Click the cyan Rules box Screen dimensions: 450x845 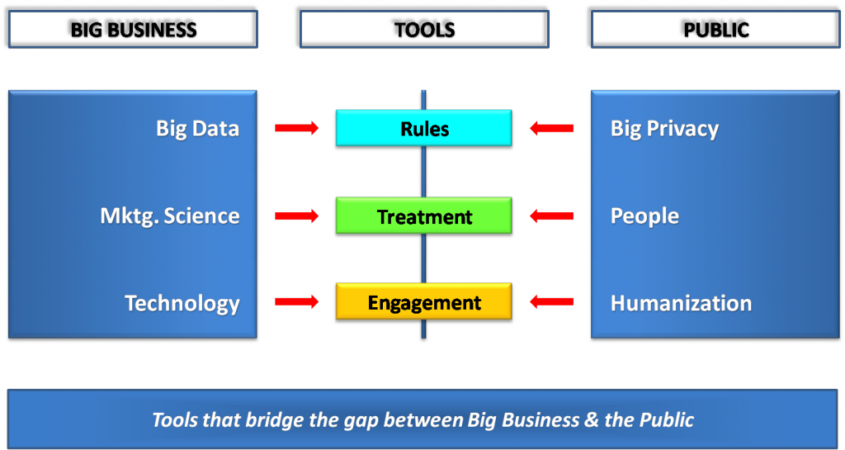[x=424, y=130]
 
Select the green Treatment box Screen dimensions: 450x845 [x=424, y=217]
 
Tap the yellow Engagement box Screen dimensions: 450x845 [x=424, y=303]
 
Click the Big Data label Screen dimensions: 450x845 [x=197, y=129]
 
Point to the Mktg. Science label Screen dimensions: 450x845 [x=169, y=216]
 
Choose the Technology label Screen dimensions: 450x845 [x=182, y=303]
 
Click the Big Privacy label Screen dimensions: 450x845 [x=664, y=129]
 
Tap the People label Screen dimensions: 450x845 [x=644, y=216]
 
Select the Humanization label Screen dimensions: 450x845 [x=681, y=303]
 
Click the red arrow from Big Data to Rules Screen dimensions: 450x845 [x=296, y=128]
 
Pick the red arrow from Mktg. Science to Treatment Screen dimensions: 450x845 [x=296, y=216]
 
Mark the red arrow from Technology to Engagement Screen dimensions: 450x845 [x=296, y=302]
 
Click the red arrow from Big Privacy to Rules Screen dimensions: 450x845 [x=552, y=128]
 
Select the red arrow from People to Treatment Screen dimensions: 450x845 [x=552, y=216]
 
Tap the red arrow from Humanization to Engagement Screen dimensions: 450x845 [x=552, y=302]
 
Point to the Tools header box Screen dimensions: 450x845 [x=422, y=27]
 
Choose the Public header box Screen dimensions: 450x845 [x=714, y=27]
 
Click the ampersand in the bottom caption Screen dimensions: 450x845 [x=592, y=419]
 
